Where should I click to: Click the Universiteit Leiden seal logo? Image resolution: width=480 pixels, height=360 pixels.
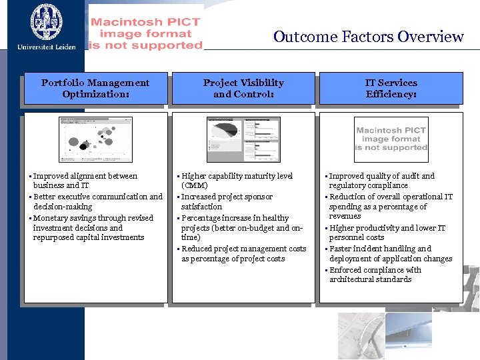pyautogui.click(x=47, y=21)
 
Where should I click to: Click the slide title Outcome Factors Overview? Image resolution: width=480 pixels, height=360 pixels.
pyautogui.click(x=368, y=37)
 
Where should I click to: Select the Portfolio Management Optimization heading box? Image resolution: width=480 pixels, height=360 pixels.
pyautogui.click(x=95, y=88)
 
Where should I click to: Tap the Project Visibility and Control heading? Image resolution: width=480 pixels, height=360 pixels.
pyautogui.click(x=243, y=88)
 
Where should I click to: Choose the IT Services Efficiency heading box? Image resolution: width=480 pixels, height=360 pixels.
pyautogui.click(x=391, y=88)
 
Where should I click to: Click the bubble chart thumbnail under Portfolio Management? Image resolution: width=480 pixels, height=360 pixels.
pyautogui.click(x=95, y=139)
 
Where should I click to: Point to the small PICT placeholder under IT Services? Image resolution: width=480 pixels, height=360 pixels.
pyautogui.click(x=391, y=139)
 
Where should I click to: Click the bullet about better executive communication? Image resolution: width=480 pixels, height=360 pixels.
pyautogui.click(x=97, y=201)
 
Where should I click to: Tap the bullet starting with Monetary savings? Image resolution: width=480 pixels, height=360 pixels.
pyautogui.click(x=93, y=227)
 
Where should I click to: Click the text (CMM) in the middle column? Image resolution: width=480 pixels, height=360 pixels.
pyautogui.click(x=195, y=186)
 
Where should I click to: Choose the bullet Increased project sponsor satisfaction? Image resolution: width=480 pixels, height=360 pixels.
pyautogui.click(x=227, y=201)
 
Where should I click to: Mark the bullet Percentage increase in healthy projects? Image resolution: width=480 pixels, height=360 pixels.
pyautogui.click(x=241, y=227)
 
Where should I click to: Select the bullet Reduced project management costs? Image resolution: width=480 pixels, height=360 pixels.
pyautogui.click(x=243, y=253)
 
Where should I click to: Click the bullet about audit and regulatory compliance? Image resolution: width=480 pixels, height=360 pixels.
pyautogui.click(x=381, y=181)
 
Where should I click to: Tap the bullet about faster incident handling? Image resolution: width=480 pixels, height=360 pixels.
pyautogui.click(x=390, y=253)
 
